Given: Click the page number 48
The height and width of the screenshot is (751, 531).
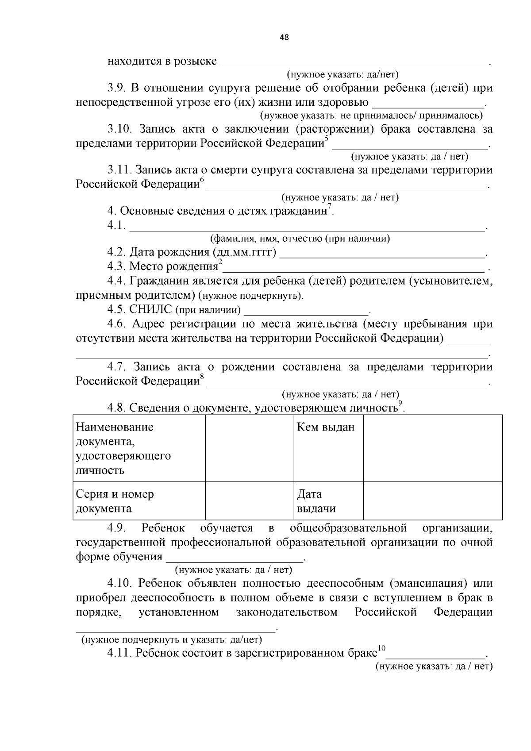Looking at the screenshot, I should [285, 38].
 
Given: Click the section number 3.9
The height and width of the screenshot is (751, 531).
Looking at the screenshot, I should [117, 88].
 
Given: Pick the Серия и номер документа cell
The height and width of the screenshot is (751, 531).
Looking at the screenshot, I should [139, 501].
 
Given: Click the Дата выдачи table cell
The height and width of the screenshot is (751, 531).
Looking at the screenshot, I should [328, 501].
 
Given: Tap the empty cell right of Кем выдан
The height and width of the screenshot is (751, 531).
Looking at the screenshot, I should [432, 448].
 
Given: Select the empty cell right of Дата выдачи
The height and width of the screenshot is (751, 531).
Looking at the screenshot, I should [432, 501].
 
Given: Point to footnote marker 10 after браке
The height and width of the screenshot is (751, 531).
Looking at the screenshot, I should [381, 649].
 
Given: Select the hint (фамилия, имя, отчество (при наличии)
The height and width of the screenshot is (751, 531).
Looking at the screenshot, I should [300, 239].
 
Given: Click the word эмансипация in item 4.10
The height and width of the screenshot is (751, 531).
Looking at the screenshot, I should [429, 584].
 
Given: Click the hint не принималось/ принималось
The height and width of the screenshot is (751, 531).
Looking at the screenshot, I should [371, 116].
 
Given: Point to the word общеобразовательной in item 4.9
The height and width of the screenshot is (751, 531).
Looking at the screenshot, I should [348, 528].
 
